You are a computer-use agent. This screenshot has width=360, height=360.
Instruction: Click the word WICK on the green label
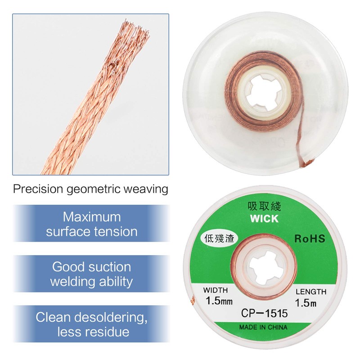pos(264,219)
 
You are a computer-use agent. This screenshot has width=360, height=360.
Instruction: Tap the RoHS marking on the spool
pos(310,238)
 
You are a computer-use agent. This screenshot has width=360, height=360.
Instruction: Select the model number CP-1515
pos(264,313)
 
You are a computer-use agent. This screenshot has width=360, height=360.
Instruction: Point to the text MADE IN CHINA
pos(263,327)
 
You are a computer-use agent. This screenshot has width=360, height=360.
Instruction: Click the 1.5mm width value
pos(219,301)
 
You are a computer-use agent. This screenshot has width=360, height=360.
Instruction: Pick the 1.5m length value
pos(306,302)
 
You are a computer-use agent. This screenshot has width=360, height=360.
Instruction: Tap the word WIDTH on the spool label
pos(216,290)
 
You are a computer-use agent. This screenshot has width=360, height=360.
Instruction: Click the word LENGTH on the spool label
pos(311,292)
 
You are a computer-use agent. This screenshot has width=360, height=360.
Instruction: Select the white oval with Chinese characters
pos(219,239)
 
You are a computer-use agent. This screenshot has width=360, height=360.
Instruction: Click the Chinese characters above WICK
pos(264,206)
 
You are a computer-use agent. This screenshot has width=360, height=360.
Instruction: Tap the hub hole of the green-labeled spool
pos(263,268)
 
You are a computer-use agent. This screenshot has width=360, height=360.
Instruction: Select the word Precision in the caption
pos(38,189)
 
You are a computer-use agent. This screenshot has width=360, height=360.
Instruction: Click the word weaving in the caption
pos(146,189)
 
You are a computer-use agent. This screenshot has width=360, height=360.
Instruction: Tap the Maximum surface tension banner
pos(92,223)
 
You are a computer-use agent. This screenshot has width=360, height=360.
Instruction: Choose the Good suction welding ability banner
pos(92,274)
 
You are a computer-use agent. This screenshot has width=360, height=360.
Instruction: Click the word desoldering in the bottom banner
pos(111,318)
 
